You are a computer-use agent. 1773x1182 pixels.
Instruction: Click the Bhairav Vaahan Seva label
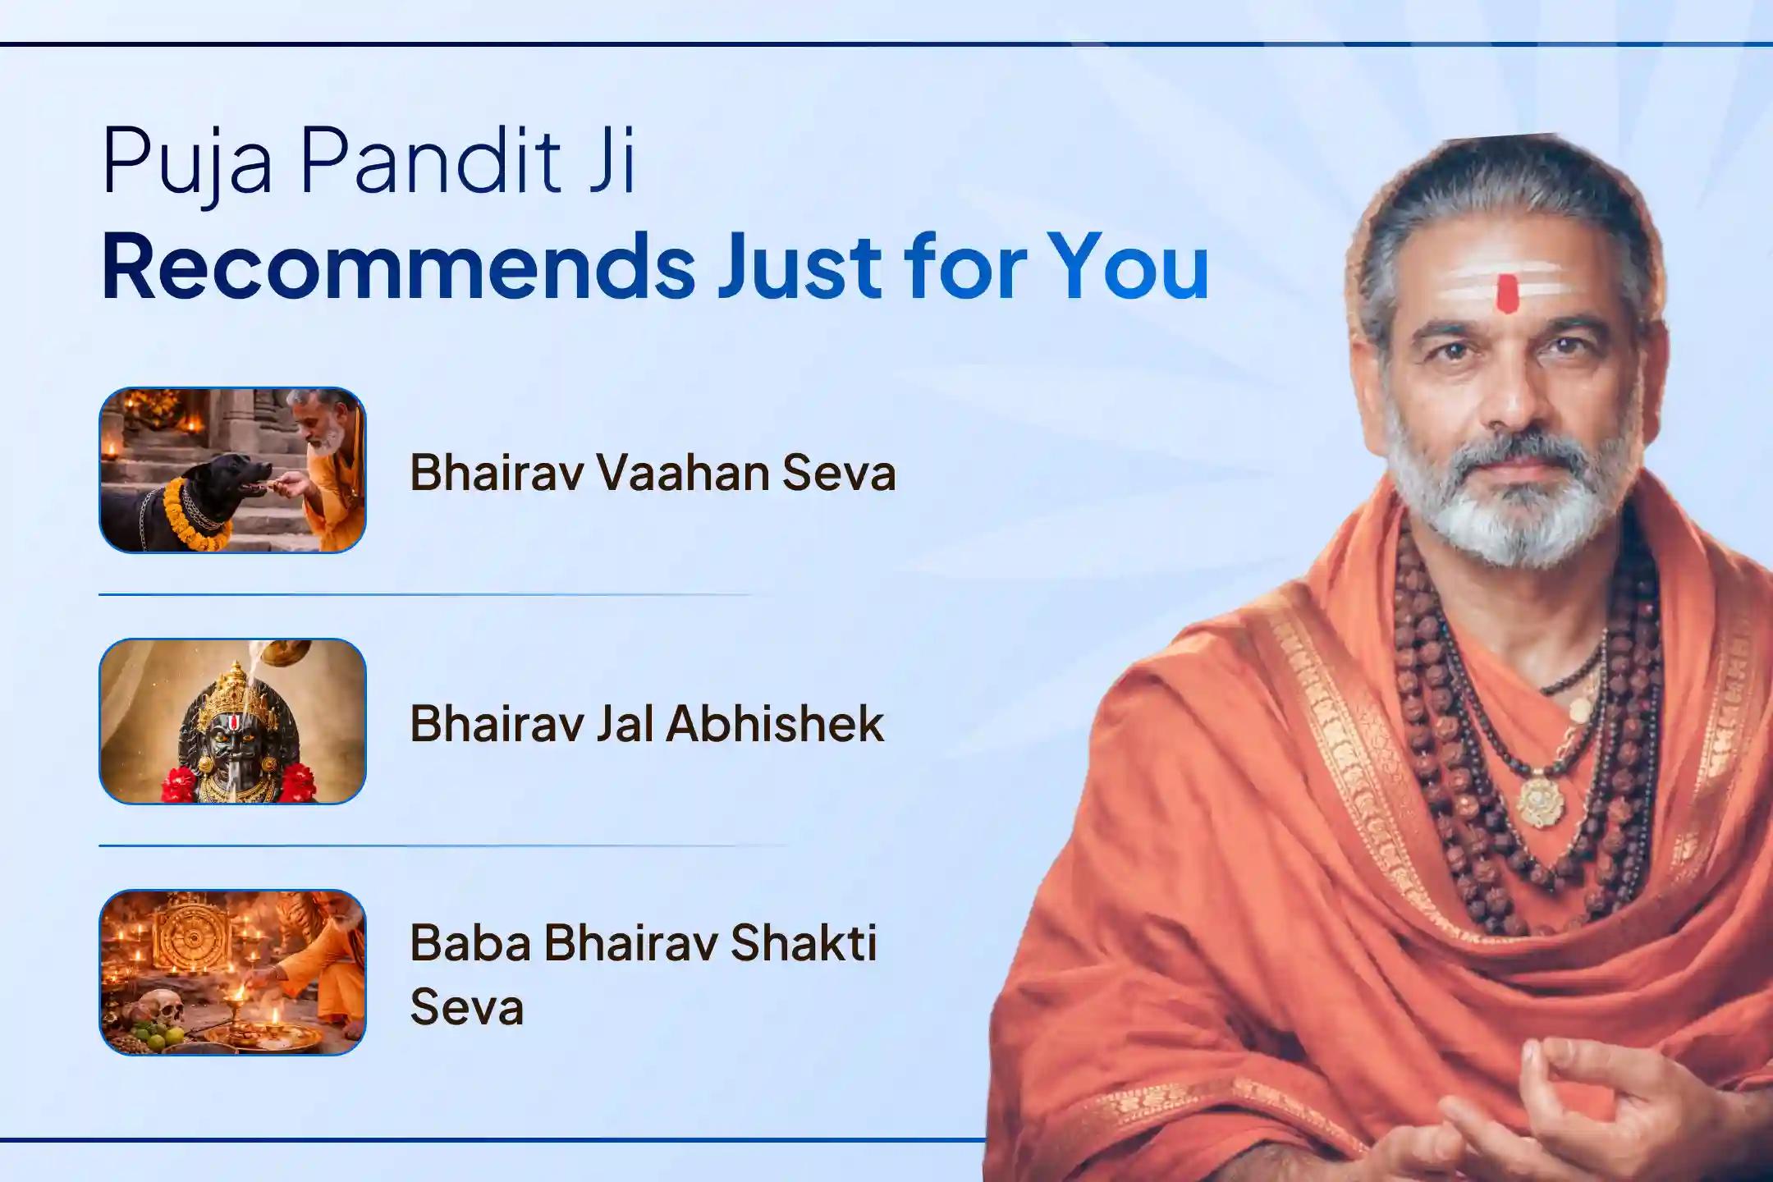(653, 474)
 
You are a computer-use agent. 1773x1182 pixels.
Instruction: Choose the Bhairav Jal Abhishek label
(647, 724)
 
